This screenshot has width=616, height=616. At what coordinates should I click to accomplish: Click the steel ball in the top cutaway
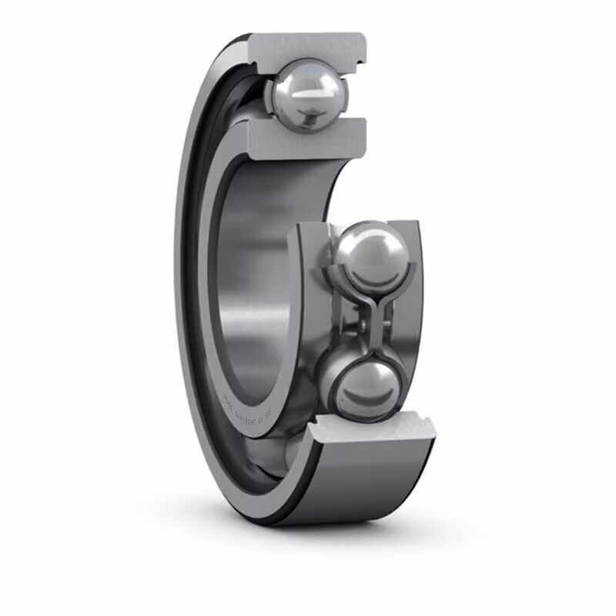pyautogui.click(x=306, y=95)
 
